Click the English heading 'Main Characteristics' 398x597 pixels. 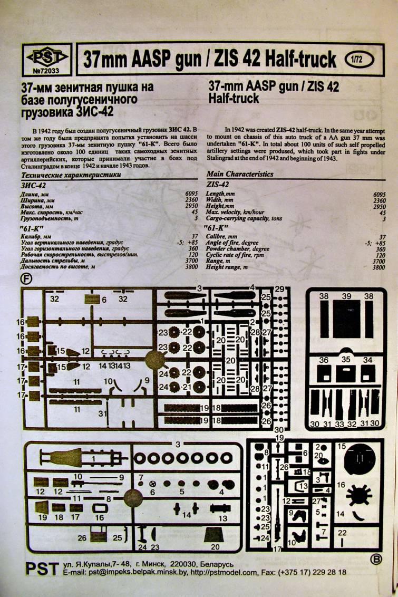240,174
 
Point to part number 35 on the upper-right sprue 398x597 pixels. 346,360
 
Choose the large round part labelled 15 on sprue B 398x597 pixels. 363,459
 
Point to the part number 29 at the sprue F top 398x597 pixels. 279,288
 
